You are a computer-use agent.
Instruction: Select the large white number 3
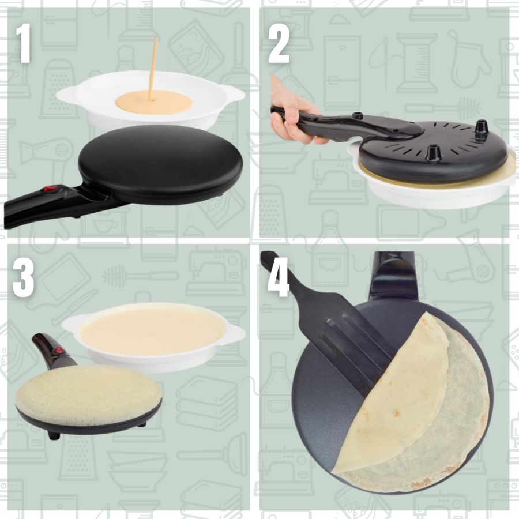pos(23,277)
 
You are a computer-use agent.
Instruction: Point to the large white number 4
pos(279,277)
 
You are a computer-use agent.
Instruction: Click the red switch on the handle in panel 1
pos(51,189)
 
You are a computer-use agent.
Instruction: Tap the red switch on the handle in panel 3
pos(59,351)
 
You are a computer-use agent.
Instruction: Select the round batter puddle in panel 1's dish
pos(153,103)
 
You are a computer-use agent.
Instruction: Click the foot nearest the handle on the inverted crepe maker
pos(356,116)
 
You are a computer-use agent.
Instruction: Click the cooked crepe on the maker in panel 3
pos(88,395)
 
